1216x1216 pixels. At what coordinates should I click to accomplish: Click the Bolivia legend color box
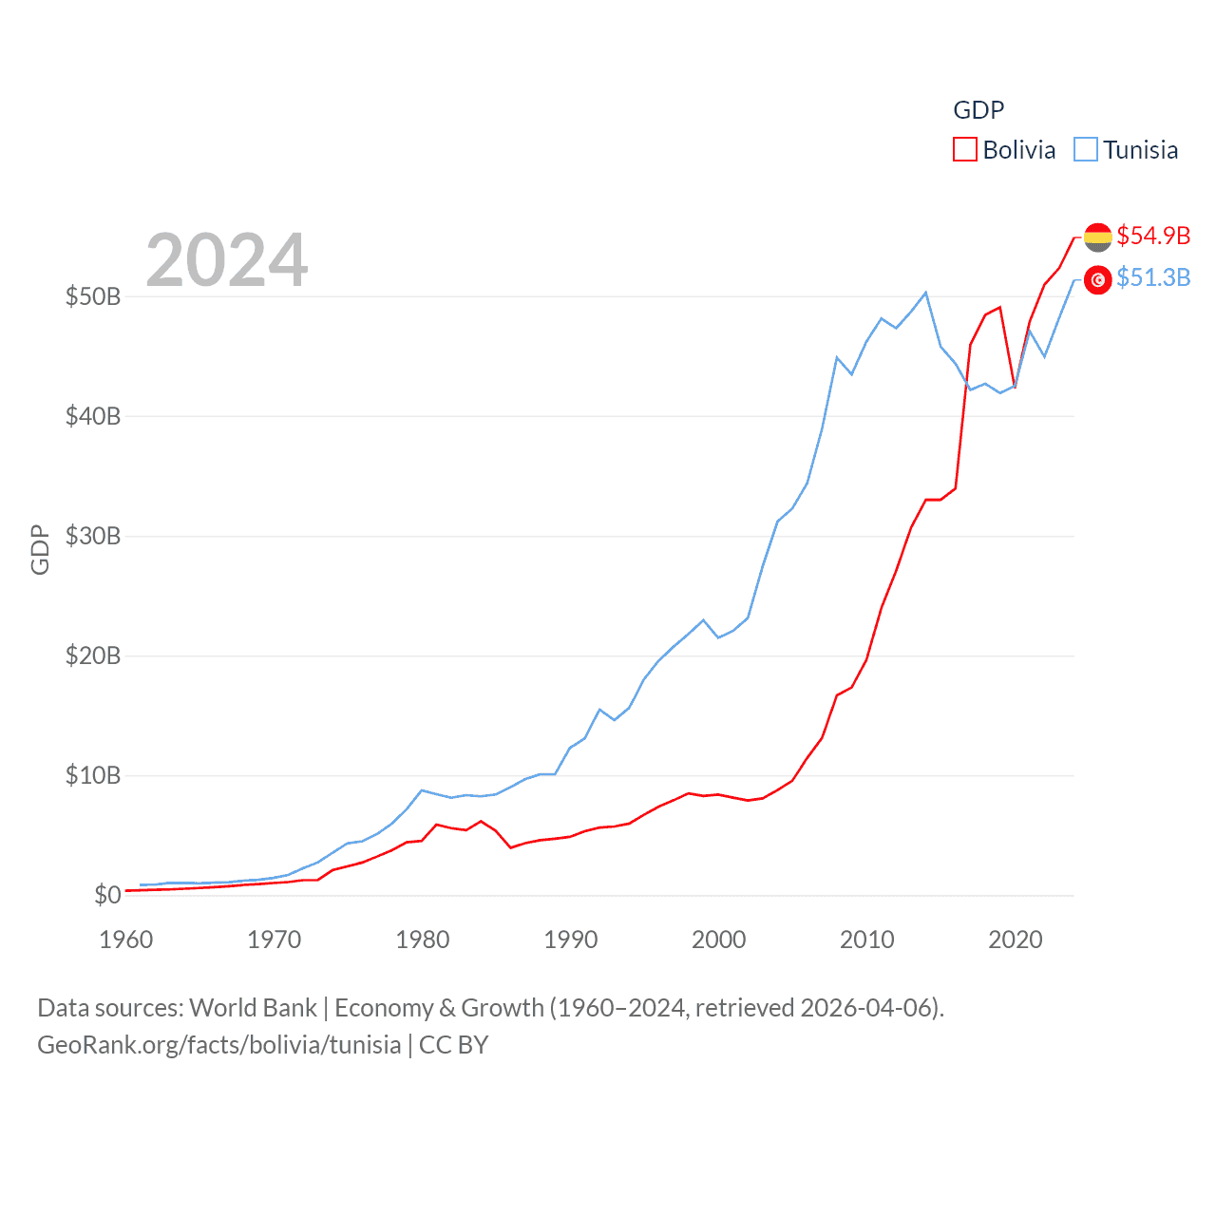965,150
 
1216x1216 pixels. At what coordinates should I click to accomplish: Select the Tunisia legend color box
1086,150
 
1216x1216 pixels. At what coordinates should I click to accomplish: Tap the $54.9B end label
1153,236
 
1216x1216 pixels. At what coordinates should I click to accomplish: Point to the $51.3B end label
1153,277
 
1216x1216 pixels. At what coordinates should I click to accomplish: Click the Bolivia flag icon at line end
1097,237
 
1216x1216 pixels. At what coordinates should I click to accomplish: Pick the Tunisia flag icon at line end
1097,279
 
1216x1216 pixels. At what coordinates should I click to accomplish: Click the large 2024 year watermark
227,259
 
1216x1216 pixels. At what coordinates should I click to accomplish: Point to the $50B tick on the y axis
93,296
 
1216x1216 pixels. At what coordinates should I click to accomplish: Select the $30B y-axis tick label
93,536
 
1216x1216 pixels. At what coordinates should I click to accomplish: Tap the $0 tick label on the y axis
107,895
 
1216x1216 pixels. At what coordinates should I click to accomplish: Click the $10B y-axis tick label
93,775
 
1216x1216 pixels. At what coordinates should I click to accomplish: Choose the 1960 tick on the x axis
126,940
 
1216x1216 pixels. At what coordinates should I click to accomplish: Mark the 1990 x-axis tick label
571,940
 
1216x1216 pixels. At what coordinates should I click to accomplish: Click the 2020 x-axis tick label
1016,940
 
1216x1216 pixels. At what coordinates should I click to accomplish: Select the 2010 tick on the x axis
867,940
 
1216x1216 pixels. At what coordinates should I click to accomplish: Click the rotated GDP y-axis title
40,549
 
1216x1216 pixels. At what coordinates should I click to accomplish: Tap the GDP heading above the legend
978,110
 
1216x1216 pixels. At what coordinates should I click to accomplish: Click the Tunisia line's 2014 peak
926,293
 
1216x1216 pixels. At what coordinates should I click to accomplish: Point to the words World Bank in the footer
254,1008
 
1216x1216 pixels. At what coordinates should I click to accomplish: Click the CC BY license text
453,1045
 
